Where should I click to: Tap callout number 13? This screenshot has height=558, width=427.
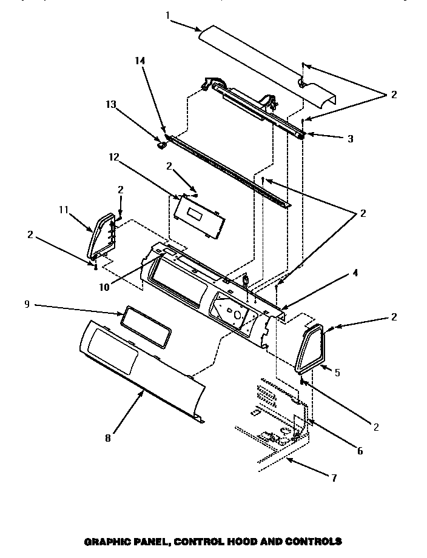[111, 104]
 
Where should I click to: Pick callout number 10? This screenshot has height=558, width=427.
[104, 287]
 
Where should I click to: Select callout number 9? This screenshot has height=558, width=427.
[27, 305]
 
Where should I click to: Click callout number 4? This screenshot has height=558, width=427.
[355, 273]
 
